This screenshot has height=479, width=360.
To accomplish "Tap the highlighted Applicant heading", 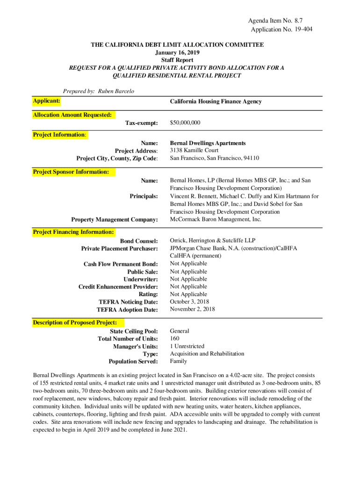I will pos(46,101).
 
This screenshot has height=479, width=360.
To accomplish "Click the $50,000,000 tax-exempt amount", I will pos(185,123).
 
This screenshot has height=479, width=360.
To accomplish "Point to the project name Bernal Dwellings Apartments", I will pos(208,143).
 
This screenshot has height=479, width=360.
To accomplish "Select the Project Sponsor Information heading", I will pos(71,172).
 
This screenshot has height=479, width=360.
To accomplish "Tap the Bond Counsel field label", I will pos(139,241).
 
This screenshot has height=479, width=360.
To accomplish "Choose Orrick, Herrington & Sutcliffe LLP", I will pos(213,240).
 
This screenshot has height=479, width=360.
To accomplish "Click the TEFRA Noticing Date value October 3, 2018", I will pos(189,302).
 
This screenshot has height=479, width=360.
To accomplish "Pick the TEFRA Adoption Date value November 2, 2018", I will pos(192,309).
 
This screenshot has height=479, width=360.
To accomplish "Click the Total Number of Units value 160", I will pos(174,338).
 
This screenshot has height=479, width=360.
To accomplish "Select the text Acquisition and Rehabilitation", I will pos(207,354).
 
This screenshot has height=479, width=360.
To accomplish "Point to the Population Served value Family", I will pos(178,361).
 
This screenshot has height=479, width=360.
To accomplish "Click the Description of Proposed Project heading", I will pos(75,323).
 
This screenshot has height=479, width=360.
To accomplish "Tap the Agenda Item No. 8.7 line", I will pos(278,21).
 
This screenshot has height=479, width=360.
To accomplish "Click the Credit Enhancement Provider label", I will pos(118,287).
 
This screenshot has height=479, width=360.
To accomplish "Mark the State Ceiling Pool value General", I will pos(180,331).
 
